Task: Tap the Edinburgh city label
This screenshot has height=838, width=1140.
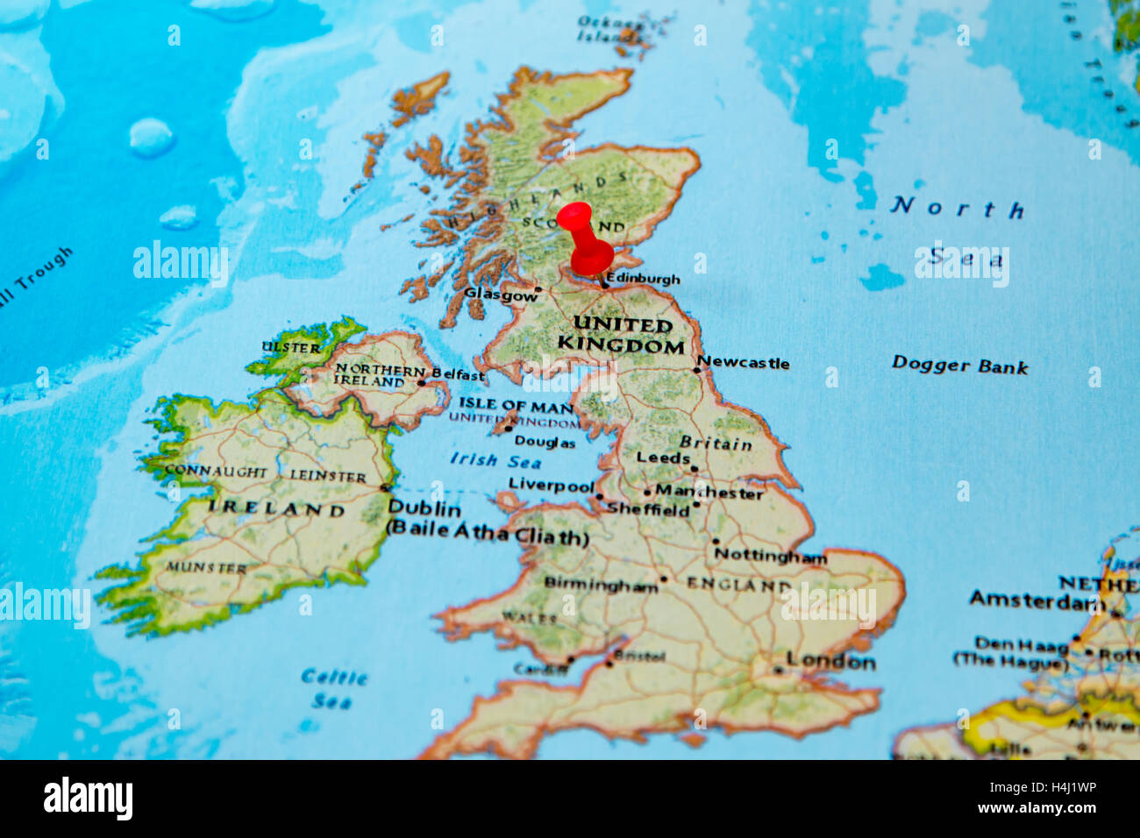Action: point(643,280)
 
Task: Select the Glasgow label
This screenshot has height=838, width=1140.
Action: point(501,295)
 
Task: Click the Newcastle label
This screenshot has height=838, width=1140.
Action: point(744,363)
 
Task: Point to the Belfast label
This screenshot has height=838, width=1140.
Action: point(458,375)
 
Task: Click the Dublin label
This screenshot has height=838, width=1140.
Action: point(424,508)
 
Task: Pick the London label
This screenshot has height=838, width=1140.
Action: point(830,661)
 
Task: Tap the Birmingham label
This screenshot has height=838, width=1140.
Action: point(601,584)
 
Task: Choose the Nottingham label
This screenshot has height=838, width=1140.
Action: point(770,556)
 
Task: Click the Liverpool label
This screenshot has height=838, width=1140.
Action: point(552,485)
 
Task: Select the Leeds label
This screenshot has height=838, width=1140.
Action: point(663,458)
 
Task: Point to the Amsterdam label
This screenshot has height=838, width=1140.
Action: point(1037,601)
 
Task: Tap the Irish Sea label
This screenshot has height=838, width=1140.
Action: point(495,460)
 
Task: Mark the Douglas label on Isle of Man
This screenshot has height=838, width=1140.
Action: point(545,443)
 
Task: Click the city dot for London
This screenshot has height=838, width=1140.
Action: point(778,671)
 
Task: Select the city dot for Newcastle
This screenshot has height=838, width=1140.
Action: point(697,370)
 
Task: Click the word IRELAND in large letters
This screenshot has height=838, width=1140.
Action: point(276,508)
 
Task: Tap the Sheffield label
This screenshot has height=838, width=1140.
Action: point(649,510)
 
